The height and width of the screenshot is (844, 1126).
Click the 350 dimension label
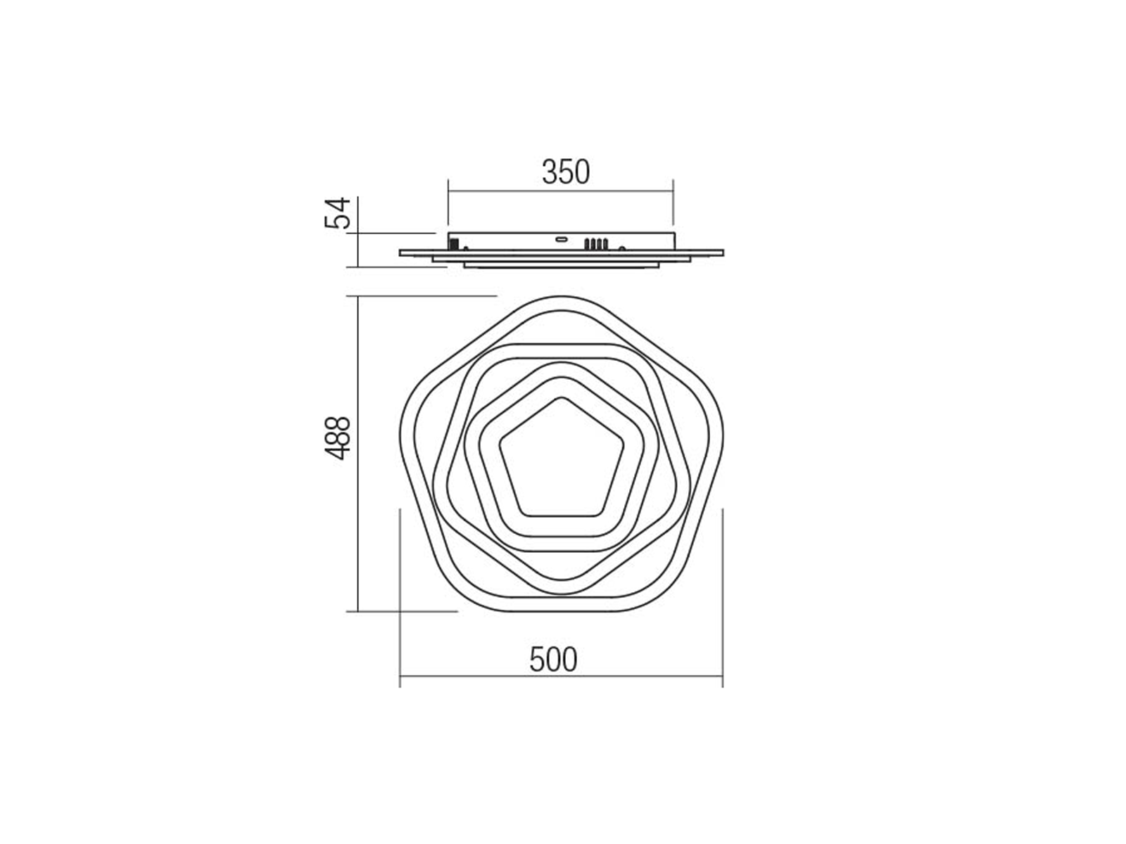(566, 172)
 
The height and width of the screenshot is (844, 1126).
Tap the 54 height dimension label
(338, 212)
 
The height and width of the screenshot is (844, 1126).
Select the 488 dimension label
(338, 437)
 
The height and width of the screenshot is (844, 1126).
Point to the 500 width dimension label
(553, 660)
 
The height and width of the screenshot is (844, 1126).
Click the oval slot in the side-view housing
(561, 238)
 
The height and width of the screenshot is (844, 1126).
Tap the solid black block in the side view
(454, 243)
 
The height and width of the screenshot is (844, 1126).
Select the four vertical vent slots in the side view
(595, 244)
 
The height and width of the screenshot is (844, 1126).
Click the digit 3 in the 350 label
(550, 172)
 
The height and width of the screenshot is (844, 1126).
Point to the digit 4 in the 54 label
(338, 205)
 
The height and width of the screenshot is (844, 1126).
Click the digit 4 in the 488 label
(338, 453)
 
